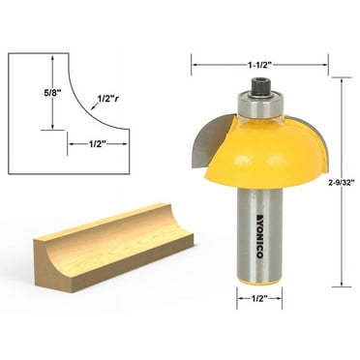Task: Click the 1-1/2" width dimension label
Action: [259, 65]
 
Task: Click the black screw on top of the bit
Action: [260, 88]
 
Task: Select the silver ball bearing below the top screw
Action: [260, 105]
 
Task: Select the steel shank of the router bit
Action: [260, 242]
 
